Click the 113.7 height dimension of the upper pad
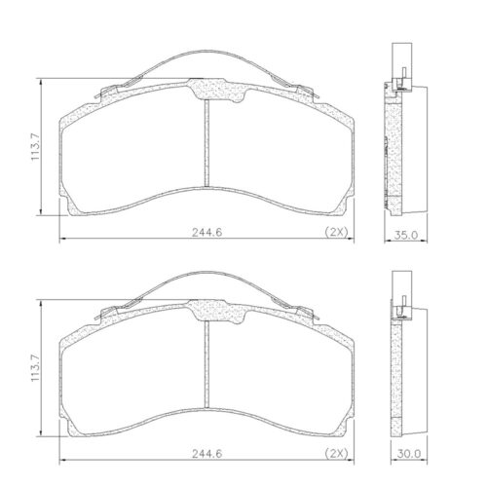pos(35,146)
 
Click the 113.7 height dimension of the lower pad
pos(35,368)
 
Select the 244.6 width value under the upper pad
pos(207,232)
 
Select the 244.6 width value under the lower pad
pos(207,453)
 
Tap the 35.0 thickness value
pos(406,235)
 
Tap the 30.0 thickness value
pos(409,454)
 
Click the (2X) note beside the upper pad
pos(337,232)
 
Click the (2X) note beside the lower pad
pos(337,453)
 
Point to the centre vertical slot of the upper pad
pos(206,143)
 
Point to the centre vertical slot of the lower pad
pos(206,364)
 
